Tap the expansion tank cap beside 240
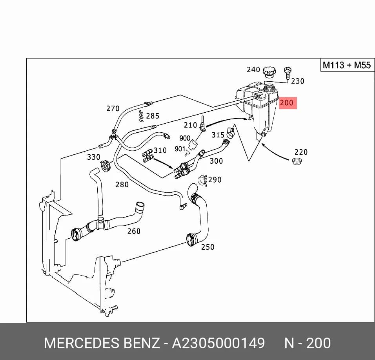(x=269, y=72)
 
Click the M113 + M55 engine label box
(x=347, y=65)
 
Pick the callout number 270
(x=113, y=109)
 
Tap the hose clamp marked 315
(x=231, y=133)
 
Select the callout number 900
(x=185, y=138)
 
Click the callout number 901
(x=180, y=149)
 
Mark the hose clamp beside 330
(x=106, y=166)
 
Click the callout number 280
(x=122, y=185)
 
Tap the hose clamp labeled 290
(x=202, y=180)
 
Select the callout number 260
(x=134, y=231)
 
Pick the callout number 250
(x=208, y=247)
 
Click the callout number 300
(x=217, y=161)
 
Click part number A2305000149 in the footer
(x=218, y=343)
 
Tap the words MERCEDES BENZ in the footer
(x=102, y=343)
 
